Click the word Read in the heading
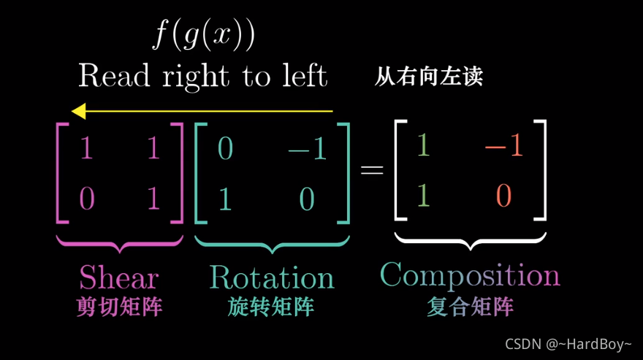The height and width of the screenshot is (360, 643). (115, 76)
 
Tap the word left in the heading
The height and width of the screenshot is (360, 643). (303, 76)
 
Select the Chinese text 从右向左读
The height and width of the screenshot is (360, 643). (429, 77)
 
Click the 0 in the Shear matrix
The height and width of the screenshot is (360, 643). (86, 199)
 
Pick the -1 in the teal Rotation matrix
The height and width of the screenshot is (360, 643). (307, 149)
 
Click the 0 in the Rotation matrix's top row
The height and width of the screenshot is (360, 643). (225, 149)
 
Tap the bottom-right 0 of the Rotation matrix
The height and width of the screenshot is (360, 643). (307, 199)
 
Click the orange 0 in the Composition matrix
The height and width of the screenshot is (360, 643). (503, 195)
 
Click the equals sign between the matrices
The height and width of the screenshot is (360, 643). (372, 170)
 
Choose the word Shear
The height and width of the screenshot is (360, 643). (118, 277)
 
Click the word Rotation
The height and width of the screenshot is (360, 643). (272, 277)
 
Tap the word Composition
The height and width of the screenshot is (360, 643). (470, 275)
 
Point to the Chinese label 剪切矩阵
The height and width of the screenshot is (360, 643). (118, 307)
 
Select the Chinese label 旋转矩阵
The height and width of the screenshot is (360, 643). (271, 307)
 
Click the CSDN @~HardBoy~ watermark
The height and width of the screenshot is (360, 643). (568, 343)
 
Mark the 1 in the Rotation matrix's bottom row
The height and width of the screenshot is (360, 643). (225, 199)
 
